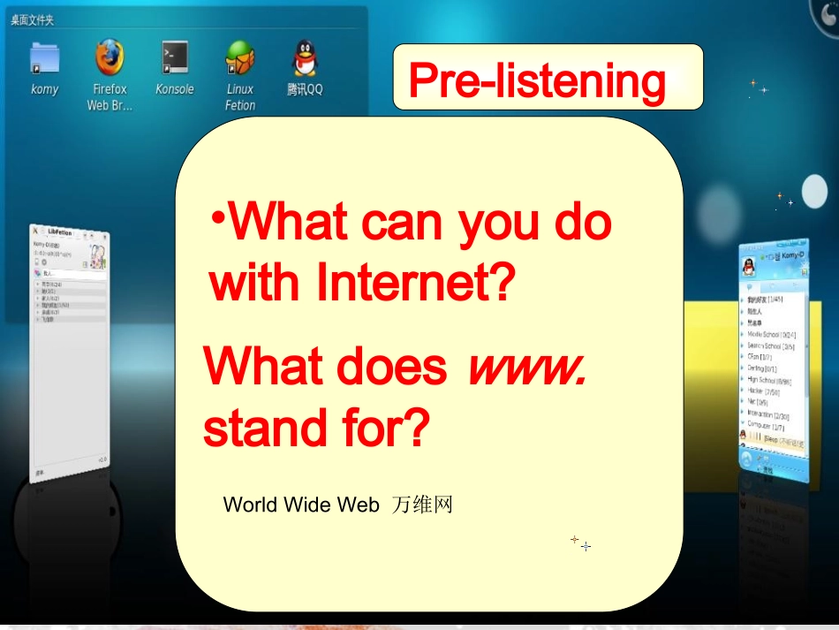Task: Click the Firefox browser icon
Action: tap(110, 58)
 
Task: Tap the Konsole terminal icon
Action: tap(174, 57)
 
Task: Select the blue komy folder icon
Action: tap(44, 57)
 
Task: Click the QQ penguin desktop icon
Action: tap(305, 57)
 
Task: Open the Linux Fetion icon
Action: tap(239, 57)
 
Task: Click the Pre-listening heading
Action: tap(537, 81)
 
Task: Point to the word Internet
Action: tap(415, 284)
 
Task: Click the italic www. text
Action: tap(527, 366)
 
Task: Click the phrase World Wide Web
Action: tap(300, 505)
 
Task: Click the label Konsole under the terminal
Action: tap(174, 89)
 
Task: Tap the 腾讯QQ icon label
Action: tap(305, 89)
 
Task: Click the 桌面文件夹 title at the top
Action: tap(33, 19)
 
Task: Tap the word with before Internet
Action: tap(255, 284)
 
